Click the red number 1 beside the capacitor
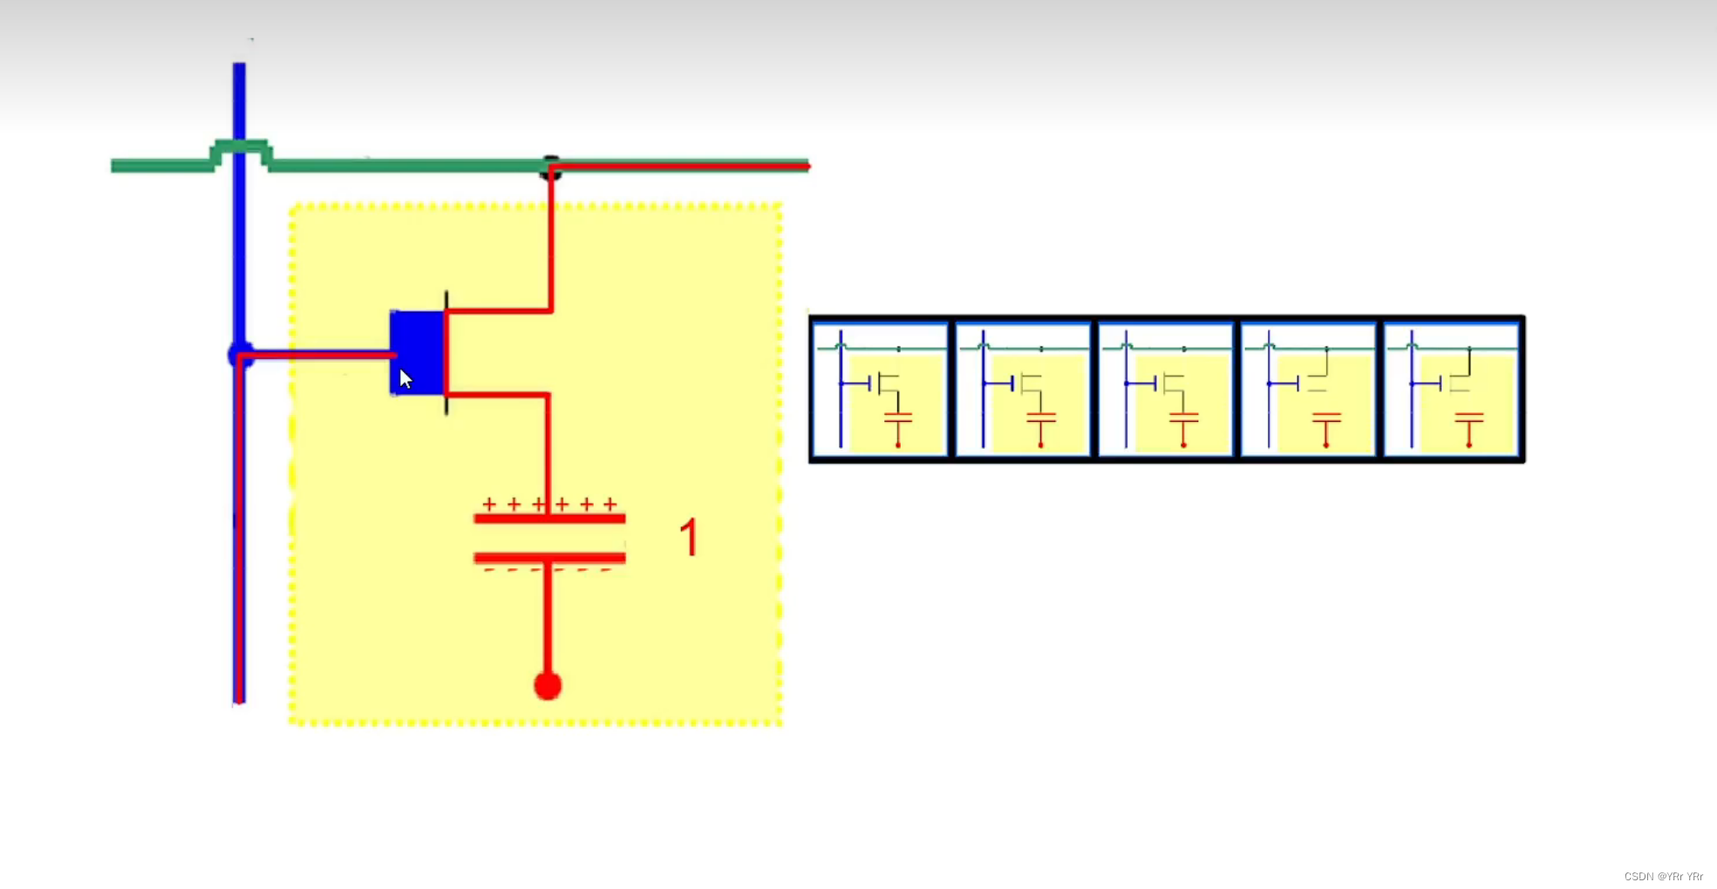(x=689, y=537)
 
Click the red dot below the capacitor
(x=548, y=686)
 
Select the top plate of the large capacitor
(x=549, y=519)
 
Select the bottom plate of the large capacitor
(x=549, y=557)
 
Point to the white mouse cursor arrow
(x=405, y=378)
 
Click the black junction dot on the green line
(x=550, y=167)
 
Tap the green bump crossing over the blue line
(x=241, y=146)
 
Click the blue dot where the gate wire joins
(x=240, y=355)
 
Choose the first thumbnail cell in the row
(x=880, y=389)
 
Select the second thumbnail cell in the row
(x=1023, y=389)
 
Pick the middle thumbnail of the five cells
(x=1166, y=389)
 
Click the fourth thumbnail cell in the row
(x=1308, y=389)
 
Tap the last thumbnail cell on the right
(x=1452, y=389)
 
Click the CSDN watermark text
(x=1663, y=876)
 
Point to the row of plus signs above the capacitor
(x=549, y=504)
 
